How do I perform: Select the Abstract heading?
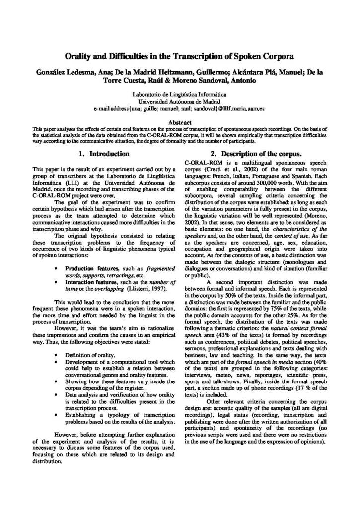[180, 122]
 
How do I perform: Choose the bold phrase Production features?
[88, 268]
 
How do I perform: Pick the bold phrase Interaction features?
[89, 281]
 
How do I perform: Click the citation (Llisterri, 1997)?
[144, 288]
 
